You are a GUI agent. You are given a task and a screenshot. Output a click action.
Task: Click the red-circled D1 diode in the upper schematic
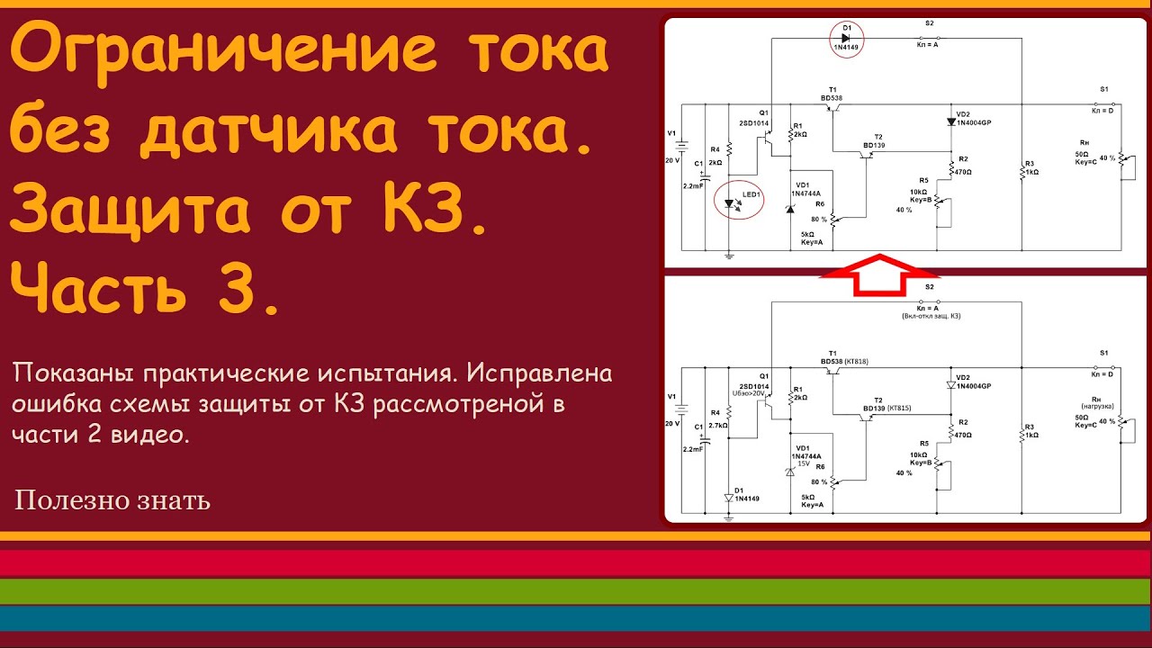[845, 39]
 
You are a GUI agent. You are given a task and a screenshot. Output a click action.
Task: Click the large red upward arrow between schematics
[878, 274]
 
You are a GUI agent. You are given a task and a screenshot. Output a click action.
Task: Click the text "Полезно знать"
[112, 500]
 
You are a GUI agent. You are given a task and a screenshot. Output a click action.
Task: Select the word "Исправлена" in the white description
[548, 373]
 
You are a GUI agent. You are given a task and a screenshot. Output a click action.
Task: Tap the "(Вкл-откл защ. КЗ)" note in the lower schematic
[928, 316]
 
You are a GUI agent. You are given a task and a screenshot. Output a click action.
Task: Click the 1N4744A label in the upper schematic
[806, 193]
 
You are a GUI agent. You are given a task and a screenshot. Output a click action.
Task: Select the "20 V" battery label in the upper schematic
[673, 159]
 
